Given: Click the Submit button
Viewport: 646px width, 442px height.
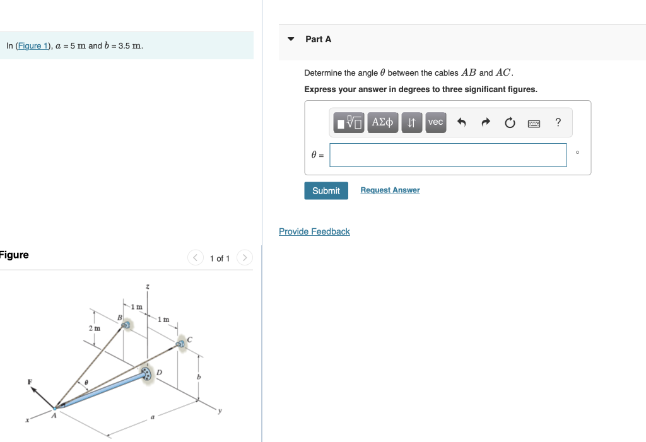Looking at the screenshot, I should (326, 190).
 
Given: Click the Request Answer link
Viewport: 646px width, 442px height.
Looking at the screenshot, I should (390, 190).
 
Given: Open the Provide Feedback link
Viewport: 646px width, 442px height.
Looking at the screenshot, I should (314, 232).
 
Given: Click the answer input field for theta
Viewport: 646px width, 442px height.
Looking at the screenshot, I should (448, 155).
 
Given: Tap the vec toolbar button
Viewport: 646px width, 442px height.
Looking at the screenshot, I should (435, 122).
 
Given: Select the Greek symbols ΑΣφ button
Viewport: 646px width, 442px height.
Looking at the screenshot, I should (382, 122).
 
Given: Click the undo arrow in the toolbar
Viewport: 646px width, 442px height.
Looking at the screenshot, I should (461, 122).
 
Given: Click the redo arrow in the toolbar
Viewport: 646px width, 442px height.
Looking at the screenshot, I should (486, 122).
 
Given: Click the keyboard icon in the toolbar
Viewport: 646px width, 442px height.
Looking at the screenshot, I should (534, 123).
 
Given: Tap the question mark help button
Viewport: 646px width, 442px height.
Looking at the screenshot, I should (558, 122).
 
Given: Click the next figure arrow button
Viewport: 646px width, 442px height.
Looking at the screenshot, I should (245, 258).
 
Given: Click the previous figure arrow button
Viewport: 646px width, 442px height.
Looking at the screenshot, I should (196, 258).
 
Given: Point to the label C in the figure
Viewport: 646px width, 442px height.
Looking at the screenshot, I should (189, 340).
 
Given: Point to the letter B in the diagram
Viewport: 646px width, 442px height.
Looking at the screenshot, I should (119, 317).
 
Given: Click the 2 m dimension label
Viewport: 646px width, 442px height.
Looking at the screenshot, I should (94, 329).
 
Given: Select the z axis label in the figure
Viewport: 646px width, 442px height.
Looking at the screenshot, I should (148, 288).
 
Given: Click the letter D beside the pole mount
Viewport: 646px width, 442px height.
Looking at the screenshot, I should (159, 373).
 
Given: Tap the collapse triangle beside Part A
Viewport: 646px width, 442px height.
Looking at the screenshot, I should (291, 39).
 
